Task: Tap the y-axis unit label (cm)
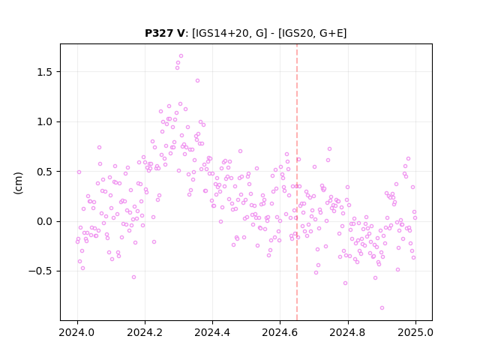(x=18, y=182)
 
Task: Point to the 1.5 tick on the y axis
(x=44, y=72)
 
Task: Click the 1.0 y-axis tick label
(x=44, y=121)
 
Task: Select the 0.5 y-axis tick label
(x=44, y=172)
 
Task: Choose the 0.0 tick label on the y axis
(x=44, y=221)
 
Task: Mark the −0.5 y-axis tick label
(x=40, y=271)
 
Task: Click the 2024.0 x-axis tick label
(x=77, y=332)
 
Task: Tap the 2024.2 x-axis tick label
(x=145, y=332)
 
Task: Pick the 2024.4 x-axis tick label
(x=212, y=332)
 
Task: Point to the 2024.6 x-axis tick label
(x=280, y=332)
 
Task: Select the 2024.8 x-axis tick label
(x=348, y=332)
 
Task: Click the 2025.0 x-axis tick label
(x=415, y=332)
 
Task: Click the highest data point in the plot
(x=181, y=56)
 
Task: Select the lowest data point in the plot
(x=382, y=308)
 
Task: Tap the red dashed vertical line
(x=297, y=182)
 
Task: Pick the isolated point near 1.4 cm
(x=197, y=81)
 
